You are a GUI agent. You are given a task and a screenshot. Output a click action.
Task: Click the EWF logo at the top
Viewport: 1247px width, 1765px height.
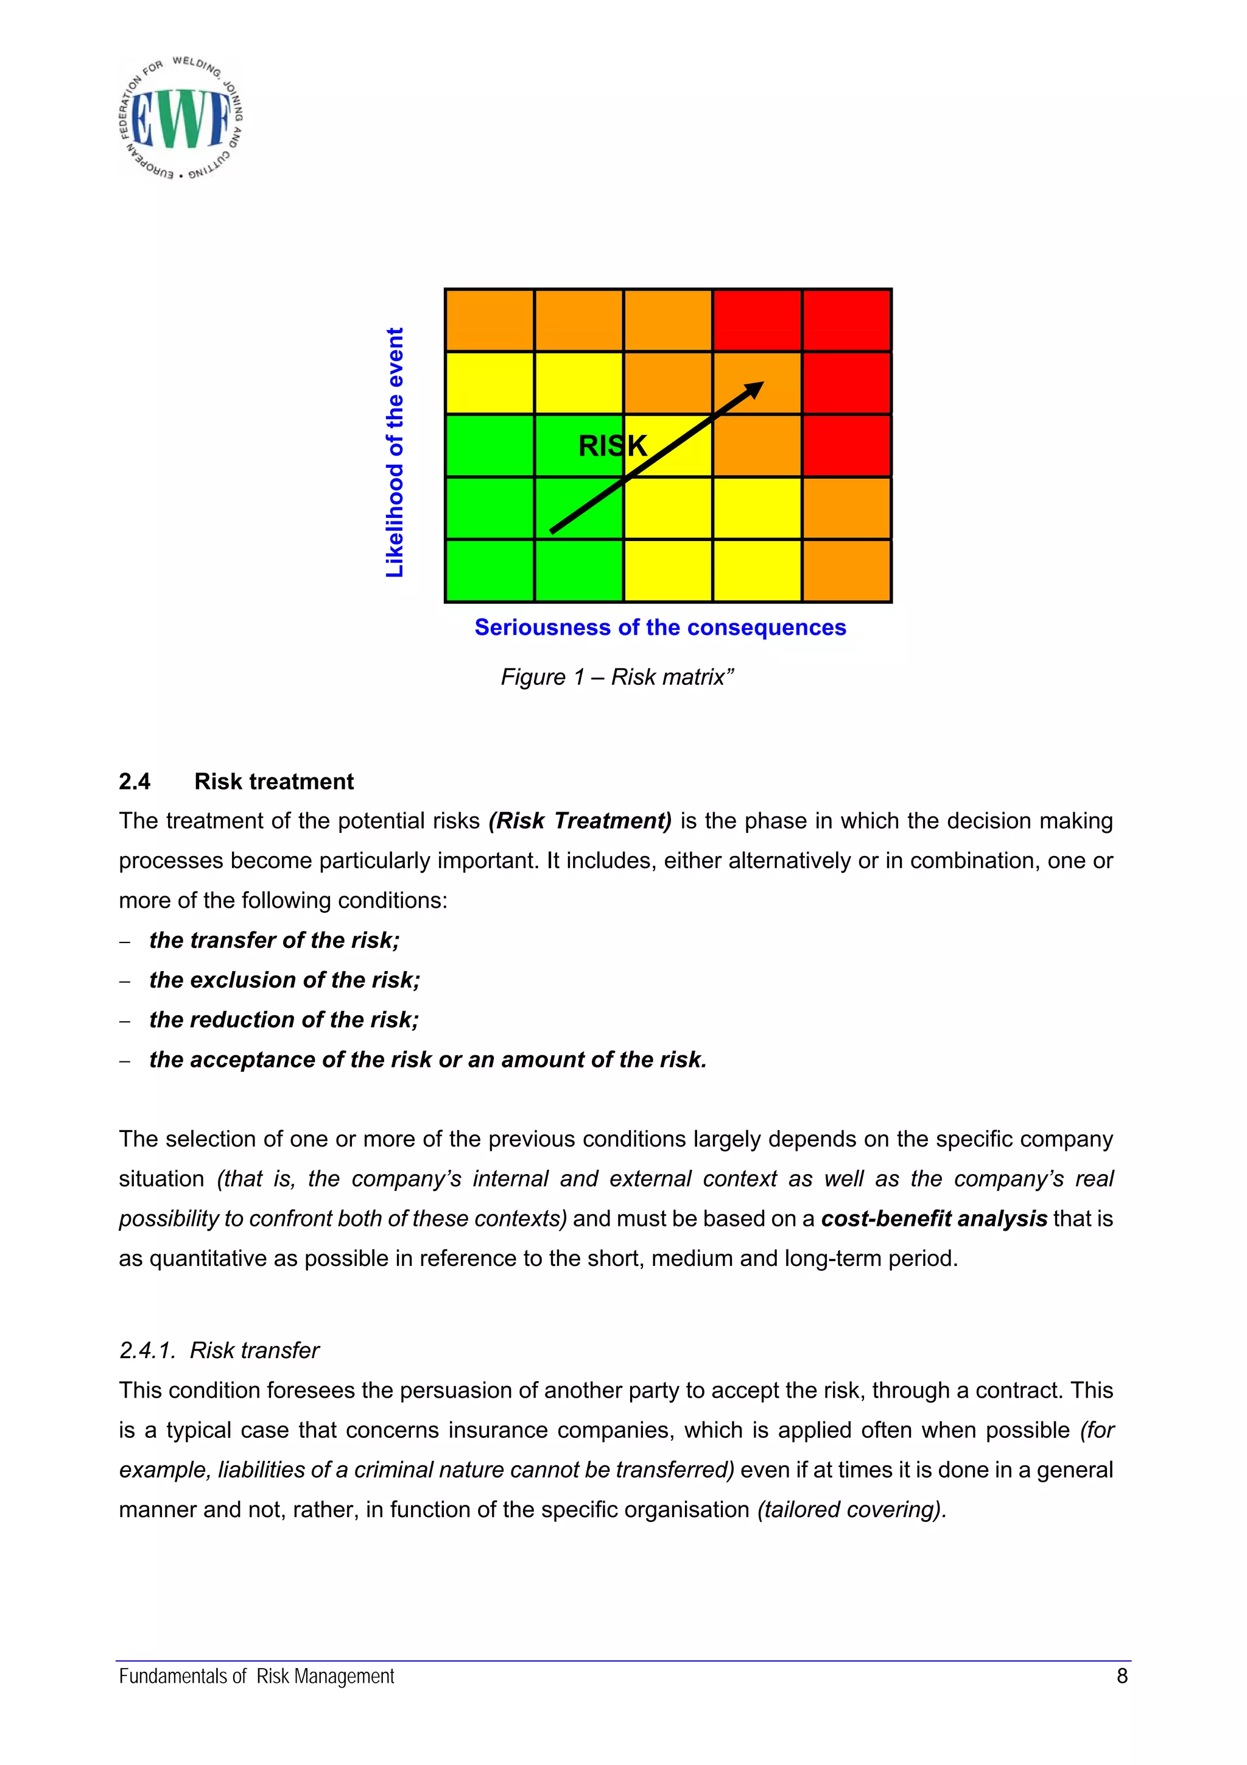click(x=182, y=119)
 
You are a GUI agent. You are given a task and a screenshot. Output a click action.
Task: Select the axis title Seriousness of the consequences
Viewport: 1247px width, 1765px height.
click(x=660, y=628)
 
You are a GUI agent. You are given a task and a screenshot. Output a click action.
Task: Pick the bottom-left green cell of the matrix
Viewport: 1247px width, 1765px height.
click(x=490, y=571)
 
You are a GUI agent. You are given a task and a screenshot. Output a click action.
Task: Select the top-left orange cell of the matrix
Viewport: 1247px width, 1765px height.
click(x=490, y=320)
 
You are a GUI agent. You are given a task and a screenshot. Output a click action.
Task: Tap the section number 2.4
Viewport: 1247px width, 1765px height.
click(x=135, y=782)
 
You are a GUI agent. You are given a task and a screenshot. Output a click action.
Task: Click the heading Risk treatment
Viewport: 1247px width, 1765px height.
click(x=273, y=782)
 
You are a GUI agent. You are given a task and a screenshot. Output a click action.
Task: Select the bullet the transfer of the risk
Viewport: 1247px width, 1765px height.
click(x=274, y=940)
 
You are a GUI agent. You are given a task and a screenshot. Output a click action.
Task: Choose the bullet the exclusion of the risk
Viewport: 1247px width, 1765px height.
click(x=284, y=980)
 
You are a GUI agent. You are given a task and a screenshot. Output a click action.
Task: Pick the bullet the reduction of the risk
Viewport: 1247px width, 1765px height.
click(x=284, y=1020)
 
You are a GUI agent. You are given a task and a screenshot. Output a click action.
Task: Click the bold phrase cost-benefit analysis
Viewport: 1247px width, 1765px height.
click(x=933, y=1219)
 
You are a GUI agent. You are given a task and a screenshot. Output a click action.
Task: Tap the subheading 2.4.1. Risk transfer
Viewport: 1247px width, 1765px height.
click(x=219, y=1351)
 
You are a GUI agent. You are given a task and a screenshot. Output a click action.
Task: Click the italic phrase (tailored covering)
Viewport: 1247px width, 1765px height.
click(x=851, y=1510)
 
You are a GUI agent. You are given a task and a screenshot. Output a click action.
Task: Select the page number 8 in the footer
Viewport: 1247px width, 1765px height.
click(x=1122, y=1677)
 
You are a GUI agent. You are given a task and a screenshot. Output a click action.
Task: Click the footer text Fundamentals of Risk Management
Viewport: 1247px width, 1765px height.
click(x=256, y=1677)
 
